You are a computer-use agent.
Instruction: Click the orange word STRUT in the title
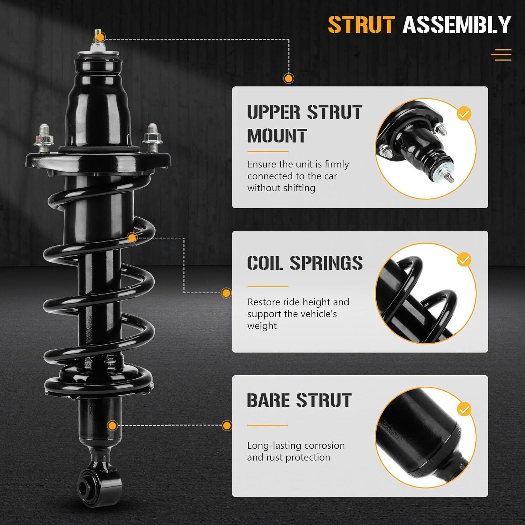coord(361,25)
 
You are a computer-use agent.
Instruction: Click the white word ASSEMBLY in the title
coord(457,25)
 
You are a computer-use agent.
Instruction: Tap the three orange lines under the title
coord(502,55)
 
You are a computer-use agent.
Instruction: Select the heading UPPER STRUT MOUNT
coord(304,124)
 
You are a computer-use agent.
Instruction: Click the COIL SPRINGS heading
coord(305,263)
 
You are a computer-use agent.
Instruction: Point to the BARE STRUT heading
coord(299,400)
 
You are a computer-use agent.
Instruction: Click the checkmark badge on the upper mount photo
coord(464,114)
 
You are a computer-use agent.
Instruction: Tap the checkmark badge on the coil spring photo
coord(464,260)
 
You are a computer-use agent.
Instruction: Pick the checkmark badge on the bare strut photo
coord(464,409)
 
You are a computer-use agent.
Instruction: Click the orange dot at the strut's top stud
coord(100,37)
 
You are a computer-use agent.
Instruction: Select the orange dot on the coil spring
coord(132,238)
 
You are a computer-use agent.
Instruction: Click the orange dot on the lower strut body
coord(112,426)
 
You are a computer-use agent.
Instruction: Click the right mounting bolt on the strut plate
coord(152,138)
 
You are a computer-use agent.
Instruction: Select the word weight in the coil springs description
coord(262,326)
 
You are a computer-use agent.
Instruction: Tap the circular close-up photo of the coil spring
coord(426,293)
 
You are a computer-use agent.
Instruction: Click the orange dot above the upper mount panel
coord(288,78)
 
